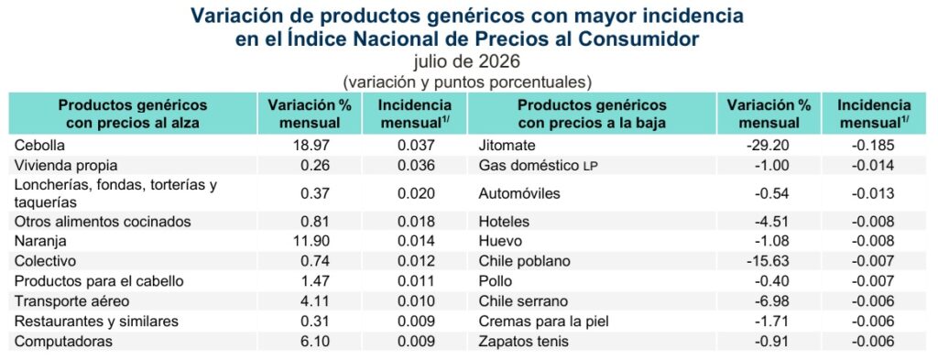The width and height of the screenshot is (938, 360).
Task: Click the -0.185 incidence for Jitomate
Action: point(873,146)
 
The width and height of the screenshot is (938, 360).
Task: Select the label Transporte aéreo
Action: point(71,301)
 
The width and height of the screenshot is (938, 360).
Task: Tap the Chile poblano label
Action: point(525,261)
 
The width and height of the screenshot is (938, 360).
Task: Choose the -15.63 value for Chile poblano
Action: point(769,261)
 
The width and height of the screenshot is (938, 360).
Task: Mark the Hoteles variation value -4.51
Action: point(771,222)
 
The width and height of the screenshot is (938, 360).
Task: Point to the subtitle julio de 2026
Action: point(467,61)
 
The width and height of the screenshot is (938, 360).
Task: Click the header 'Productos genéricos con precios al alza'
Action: point(133,114)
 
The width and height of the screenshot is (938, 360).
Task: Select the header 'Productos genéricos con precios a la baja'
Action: point(592,114)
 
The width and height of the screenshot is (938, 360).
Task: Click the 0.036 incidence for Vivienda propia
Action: point(417,165)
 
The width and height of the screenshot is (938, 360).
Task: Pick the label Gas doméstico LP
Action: point(539,165)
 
